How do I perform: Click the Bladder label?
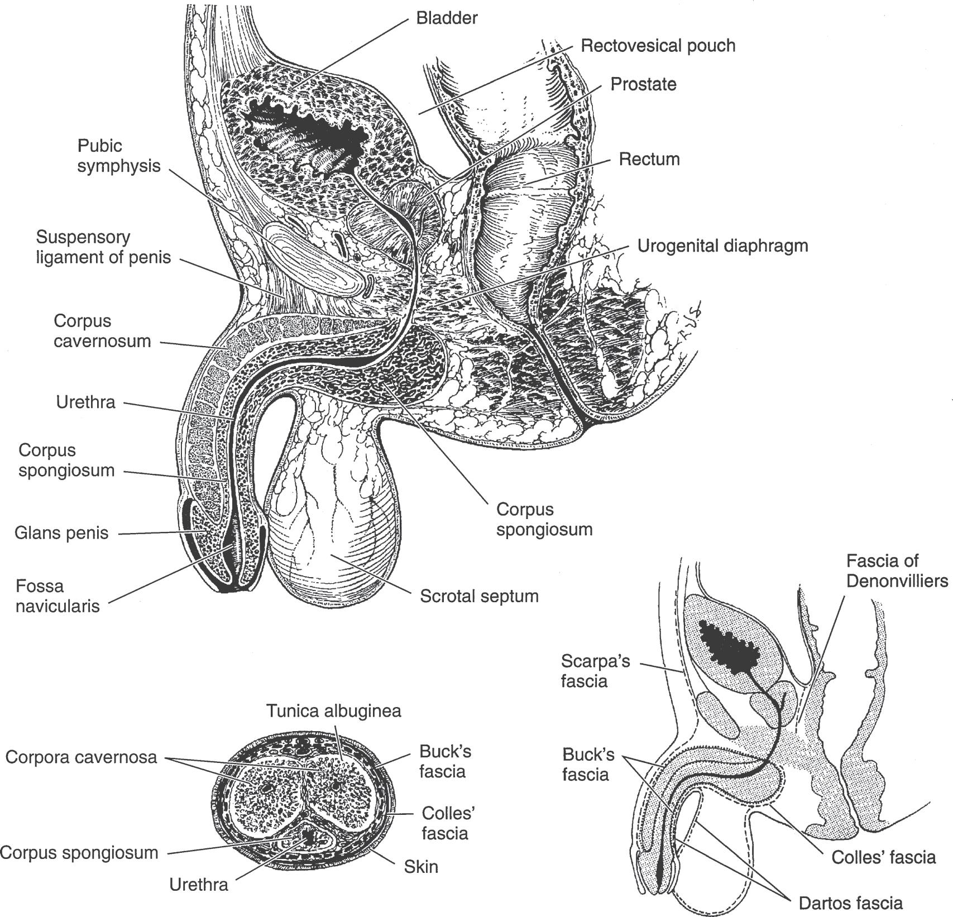tap(447, 18)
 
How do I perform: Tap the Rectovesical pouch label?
tap(658, 45)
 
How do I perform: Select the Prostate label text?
tap(643, 84)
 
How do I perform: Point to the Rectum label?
tap(649, 159)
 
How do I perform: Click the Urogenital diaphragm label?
tap(722, 246)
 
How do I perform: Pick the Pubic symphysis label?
tap(118, 156)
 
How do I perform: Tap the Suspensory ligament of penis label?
tap(103, 247)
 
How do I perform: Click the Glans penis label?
tap(61, 532)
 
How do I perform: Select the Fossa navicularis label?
tap(57, 596)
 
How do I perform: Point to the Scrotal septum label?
tap(479, 596)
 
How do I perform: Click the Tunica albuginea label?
tap(333, 711)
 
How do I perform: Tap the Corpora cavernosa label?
tap(81, 757)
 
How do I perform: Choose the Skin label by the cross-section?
tap(421, 867)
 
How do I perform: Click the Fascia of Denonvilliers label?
tap(897, 570)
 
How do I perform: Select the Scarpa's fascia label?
tap(595, 671)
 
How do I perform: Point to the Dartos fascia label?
tap(850, 902)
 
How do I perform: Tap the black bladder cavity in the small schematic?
tap(728, 647)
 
